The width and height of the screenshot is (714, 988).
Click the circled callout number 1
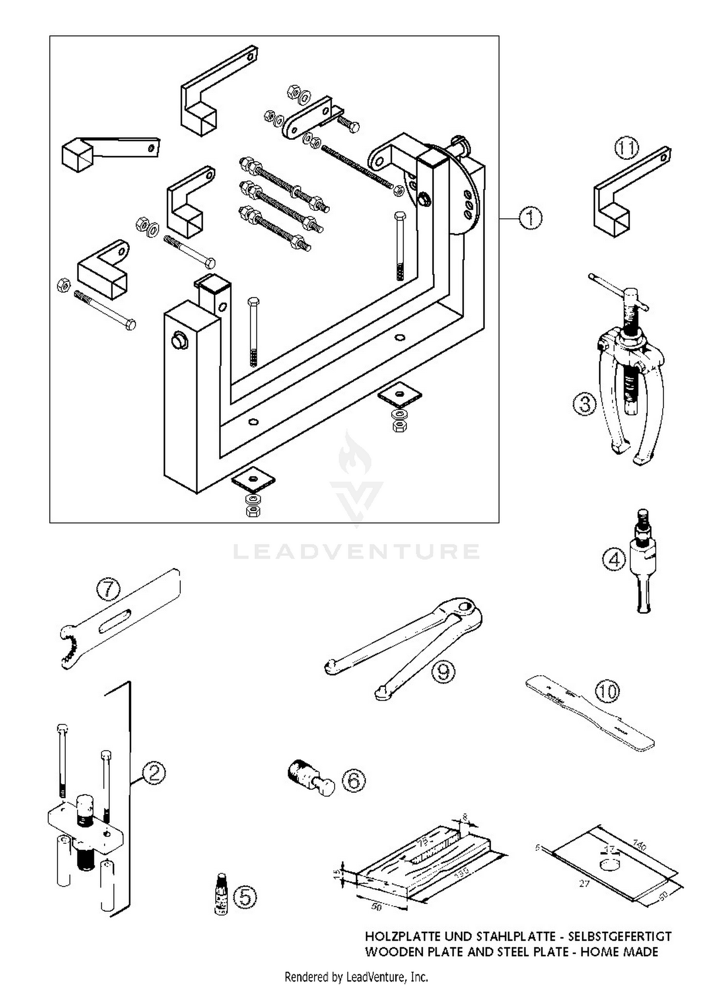(530, 218)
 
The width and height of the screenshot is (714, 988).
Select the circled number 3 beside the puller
(585, 404)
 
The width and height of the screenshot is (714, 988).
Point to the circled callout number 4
(614, 559)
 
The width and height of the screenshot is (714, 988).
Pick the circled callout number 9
(443, 672)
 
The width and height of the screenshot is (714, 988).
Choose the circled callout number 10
(607, 691)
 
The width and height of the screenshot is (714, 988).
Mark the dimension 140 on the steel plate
(640, 847)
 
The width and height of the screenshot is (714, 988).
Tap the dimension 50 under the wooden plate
(376, 908)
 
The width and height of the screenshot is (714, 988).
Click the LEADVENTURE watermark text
(356, 551)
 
